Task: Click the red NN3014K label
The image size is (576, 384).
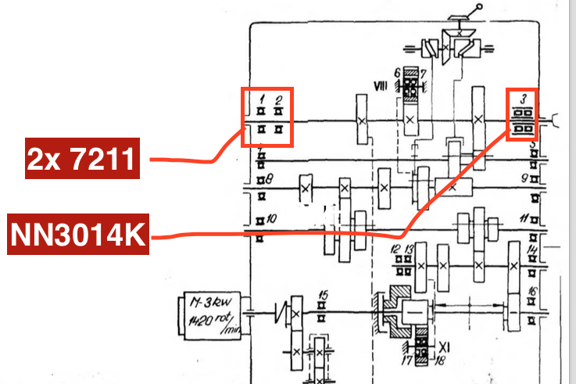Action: (x=78, y=234)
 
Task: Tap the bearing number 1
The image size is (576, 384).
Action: (x=262, y=99)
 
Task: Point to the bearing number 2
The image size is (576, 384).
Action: (x=278, y=99)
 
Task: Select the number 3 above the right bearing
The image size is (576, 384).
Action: (x=522, y=99)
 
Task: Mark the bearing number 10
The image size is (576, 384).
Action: (x=270, y=220)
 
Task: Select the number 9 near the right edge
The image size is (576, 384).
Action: (x=526, y=178)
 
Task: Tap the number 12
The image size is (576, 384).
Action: (x=395, y=249)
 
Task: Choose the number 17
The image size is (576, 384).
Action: (x=406, y=361)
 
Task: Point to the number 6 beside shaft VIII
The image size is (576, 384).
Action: (x=397, y=73)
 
